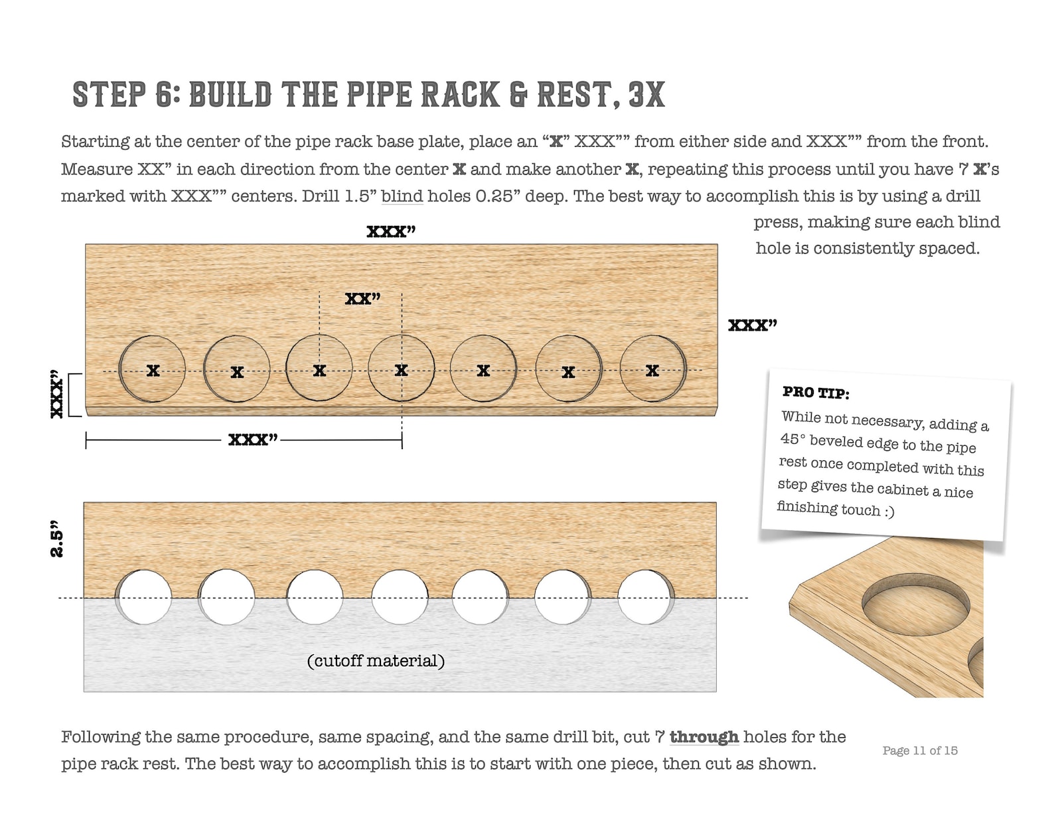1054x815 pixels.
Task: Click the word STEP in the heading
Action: point(109,94)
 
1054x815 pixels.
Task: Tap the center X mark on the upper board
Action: point(401,370)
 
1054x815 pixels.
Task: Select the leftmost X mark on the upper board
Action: point(153,371)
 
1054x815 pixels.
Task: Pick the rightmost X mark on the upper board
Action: point(652,370)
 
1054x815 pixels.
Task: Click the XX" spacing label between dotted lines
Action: point(362,298)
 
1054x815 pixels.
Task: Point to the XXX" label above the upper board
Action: point(391,231)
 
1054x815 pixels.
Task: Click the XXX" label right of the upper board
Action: point(752,325)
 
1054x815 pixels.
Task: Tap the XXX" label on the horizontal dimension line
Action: point(252,440)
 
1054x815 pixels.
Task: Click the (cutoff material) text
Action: point(376,661)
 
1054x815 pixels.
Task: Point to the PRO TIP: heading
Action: point(816,393)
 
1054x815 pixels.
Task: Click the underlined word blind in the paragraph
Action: point(402,197)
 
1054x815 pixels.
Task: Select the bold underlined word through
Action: point(704,737)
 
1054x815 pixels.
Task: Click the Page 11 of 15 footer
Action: point(919,751)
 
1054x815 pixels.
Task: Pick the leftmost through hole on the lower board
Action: point(144,597)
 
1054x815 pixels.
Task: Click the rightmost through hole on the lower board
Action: point(645,597)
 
